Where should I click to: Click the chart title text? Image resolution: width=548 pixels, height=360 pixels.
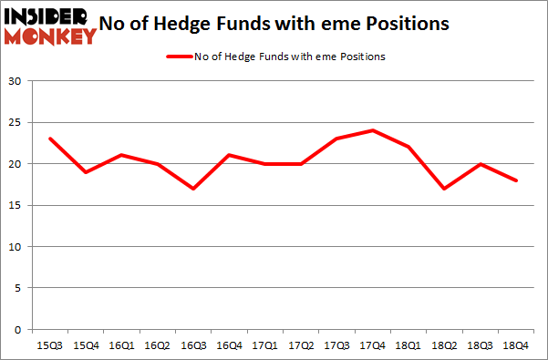293,25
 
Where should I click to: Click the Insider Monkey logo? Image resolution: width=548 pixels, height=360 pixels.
50,26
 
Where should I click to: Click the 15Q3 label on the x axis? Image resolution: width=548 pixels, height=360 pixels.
50,345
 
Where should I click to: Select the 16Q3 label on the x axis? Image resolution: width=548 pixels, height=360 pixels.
193,345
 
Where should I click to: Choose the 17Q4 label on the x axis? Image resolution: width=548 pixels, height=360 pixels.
372,345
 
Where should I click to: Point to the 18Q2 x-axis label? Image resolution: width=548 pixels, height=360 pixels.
444,345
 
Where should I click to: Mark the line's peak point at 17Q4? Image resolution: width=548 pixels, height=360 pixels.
372,130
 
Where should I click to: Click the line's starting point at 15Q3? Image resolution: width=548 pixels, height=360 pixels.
50,139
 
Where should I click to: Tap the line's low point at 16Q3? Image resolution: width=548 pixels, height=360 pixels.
193,189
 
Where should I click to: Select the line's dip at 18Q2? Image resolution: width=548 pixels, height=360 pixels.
444,189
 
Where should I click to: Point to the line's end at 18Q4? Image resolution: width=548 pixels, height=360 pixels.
516,180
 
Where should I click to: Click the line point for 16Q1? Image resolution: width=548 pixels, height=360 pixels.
121,155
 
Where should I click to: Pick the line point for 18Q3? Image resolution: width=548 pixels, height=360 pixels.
480,164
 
